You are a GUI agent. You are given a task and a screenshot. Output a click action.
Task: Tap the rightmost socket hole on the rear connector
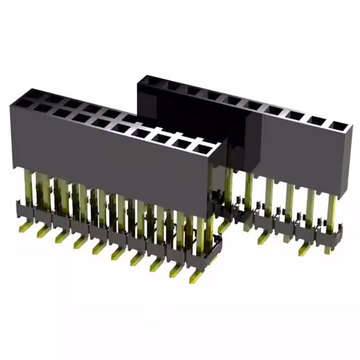coord(336,125)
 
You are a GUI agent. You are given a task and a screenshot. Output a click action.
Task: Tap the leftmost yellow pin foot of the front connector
coord(26,227)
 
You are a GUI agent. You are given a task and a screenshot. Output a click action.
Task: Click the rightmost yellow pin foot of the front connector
coord(195,276)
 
